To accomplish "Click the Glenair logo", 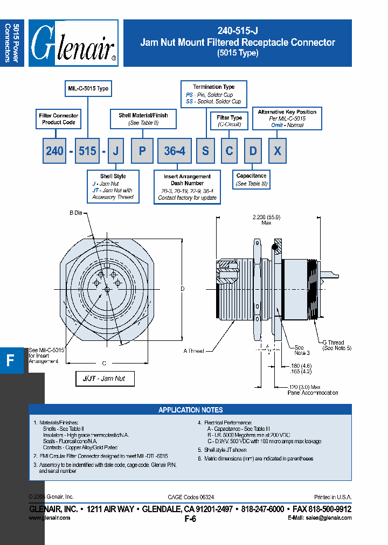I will [73, 43].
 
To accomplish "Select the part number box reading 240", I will [54, 151].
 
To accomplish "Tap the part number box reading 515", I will [87, 151].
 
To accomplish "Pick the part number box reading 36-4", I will [174, 151].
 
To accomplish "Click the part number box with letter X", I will [277, 151].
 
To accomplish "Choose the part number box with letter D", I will [253, 151].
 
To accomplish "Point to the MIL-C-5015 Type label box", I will [88, 88].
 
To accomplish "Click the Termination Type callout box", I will [214, 94].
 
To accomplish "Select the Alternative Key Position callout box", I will [287, 118].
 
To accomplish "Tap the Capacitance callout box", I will [251, 180].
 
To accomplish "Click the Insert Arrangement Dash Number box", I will [187, 187].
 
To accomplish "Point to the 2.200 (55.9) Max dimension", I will [266, 220].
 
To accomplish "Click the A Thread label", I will [193, 351].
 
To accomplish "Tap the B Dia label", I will [75, 213].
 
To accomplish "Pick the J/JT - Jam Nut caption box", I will [105, 379].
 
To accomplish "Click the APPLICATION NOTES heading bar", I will [190, 410].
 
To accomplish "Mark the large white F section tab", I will [11, 361].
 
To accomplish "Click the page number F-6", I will [190, 519].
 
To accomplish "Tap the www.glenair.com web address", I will [49, 518].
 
